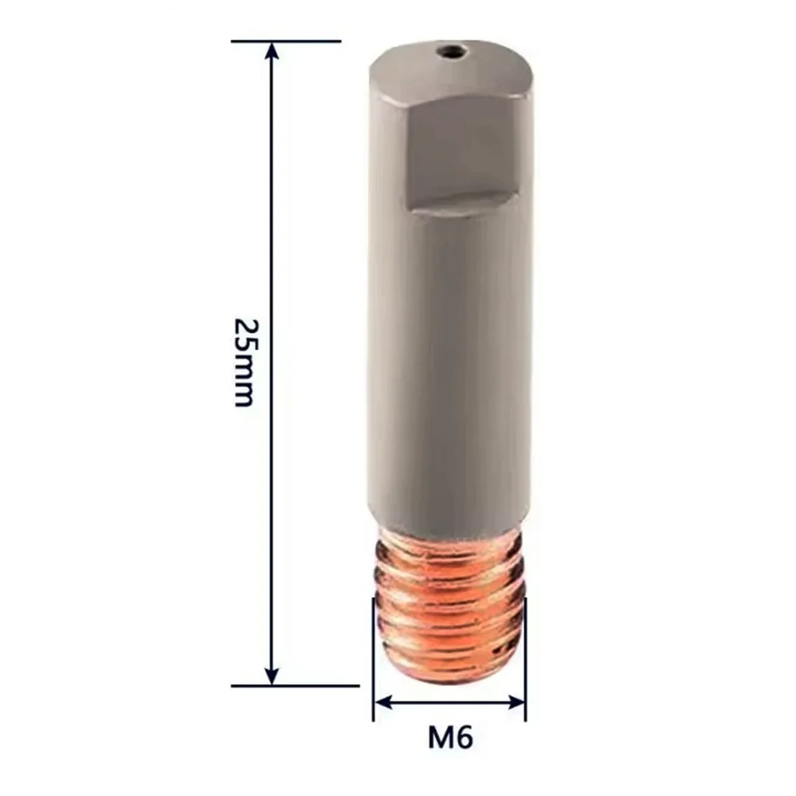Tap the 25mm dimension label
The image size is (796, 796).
244,362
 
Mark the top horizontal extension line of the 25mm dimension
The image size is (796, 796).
286,41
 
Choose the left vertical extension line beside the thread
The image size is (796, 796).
373,663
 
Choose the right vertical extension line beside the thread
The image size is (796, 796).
525,663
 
